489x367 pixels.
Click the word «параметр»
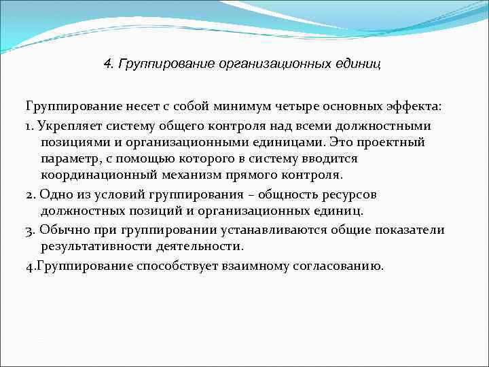70,158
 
